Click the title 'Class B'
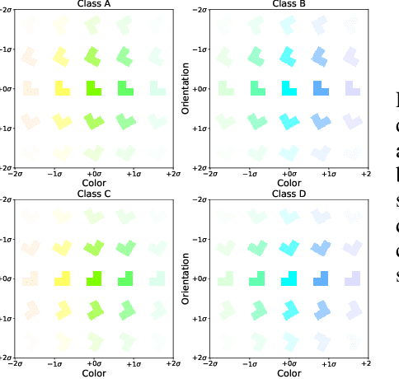(288, 4)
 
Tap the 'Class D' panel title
(288, 194)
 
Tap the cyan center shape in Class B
(288, 87)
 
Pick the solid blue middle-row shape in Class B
(320, 87)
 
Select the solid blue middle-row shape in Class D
(320, 278)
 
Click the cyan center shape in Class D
(288, 278)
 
